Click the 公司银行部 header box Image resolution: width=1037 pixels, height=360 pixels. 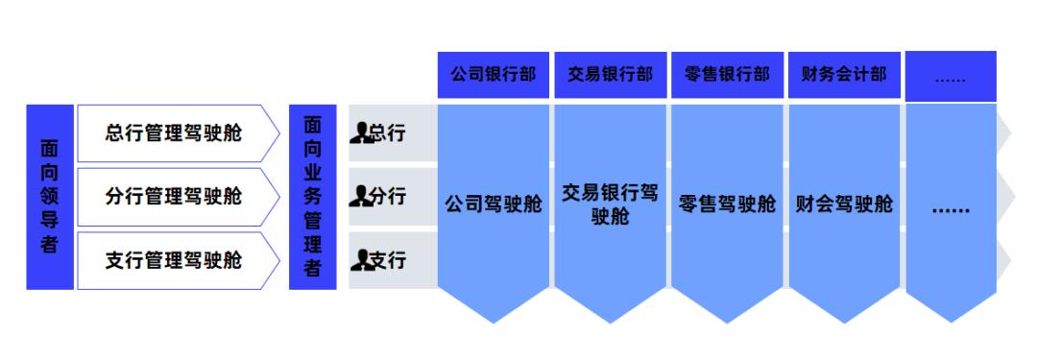(494, 75)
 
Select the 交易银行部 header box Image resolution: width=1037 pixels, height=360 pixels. (611, 75)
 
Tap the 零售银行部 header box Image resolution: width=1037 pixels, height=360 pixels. (728, 75)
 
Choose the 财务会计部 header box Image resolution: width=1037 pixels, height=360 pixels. (844, 75)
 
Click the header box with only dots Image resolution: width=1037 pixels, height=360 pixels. (950, 75)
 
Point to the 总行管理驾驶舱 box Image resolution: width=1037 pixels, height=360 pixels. (173, 132)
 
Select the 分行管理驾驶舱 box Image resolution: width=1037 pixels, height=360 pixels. (173, 197)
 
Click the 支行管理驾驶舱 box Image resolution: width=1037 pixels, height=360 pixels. (173, 259)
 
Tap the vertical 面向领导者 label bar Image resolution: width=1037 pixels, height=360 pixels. (49, 197)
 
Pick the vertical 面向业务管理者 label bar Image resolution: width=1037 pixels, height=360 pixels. (312, 197)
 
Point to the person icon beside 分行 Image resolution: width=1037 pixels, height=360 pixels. (360, 197)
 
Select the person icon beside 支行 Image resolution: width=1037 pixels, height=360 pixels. (360, 259)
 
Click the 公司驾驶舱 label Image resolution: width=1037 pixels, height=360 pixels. (494, 204)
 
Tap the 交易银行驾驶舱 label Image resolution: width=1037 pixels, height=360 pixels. (611, 204)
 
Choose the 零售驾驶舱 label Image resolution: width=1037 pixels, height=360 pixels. (728, 204)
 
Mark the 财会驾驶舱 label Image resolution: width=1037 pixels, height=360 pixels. (844, 204)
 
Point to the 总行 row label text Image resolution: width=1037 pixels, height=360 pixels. (388, 133)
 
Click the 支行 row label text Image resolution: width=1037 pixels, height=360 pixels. (388, 259)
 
